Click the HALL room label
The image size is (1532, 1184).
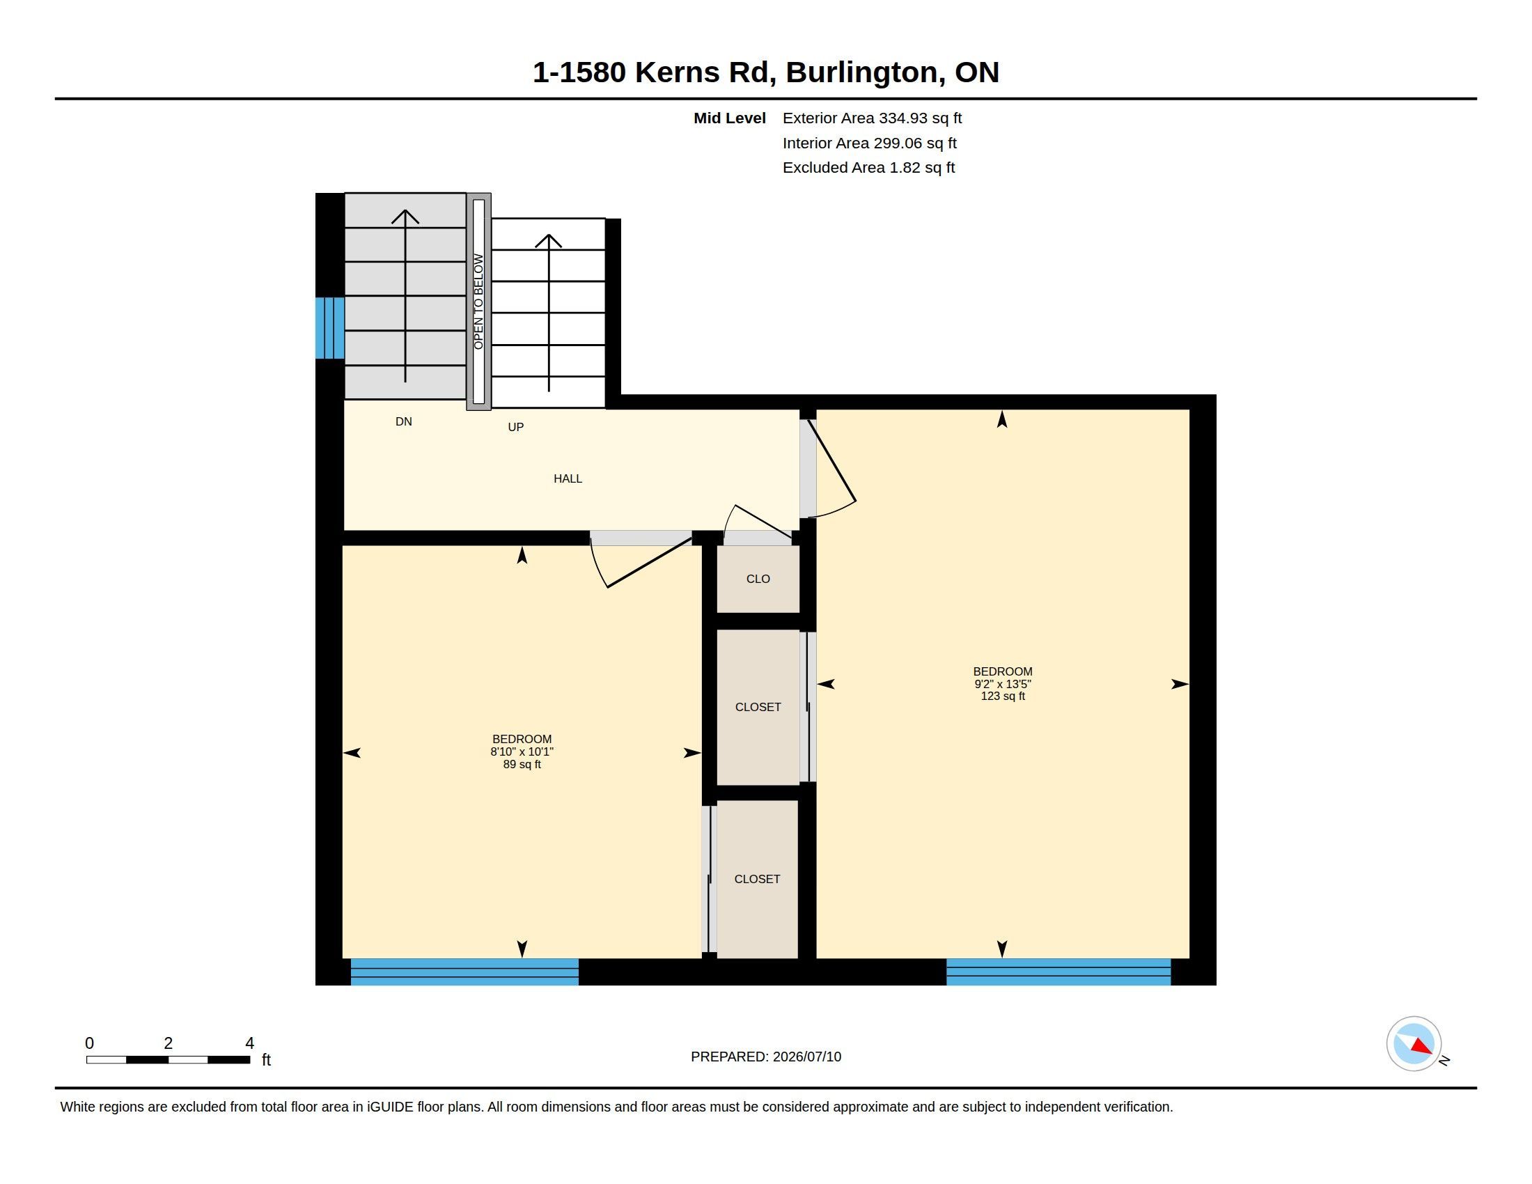(x=568, y=478)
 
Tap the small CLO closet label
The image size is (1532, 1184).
(x=758, y=579)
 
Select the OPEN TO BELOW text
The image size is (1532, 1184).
(x=478, y=302)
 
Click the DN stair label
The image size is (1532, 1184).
(x=403, y=421)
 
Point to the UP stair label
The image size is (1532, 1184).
(x=515, y=426)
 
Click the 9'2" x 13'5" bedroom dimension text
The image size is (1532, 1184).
(x=1002, y=684)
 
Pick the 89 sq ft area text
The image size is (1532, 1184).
(x=522, y=765)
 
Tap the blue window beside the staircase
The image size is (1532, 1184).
(x=329, y=328)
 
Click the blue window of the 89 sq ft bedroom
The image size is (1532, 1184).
(x=464, y=972)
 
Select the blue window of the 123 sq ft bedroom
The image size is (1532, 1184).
(x=1058, y=972)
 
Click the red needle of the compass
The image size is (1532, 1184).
(x=1421, y=1046)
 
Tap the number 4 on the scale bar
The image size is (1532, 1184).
(x=249, y=1043)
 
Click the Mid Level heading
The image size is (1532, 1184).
(x=730, y=118)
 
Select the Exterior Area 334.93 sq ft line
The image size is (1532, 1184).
(x=872, y=118)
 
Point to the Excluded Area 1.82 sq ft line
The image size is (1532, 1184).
(x=868, y=168)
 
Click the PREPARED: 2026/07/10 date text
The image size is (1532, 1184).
(x=766, y=1057)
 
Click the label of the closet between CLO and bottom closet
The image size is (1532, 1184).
(x=758, y=707)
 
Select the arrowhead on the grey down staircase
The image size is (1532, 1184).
(x=405, y=216)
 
